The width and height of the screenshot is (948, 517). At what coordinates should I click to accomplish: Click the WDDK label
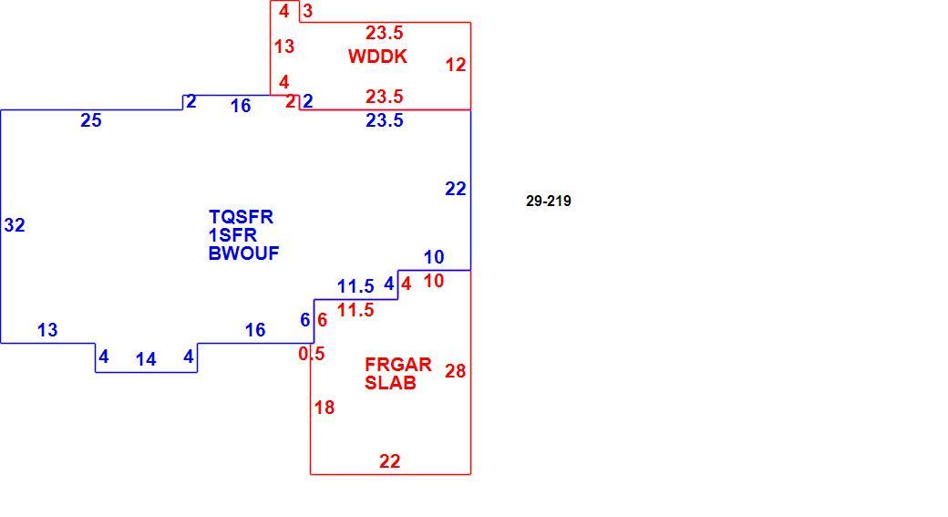[377, 57]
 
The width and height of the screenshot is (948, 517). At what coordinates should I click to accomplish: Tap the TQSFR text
[241, 216]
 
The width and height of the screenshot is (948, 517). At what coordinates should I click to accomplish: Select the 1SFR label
[232, 234]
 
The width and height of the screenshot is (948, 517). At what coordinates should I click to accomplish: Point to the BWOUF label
[243, 253]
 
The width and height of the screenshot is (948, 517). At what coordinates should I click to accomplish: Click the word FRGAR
[398, 365]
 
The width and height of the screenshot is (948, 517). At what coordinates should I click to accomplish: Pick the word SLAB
[390, 383]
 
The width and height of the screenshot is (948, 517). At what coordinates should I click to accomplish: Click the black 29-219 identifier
[549, 201]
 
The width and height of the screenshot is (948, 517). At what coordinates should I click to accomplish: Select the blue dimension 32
[15, 225]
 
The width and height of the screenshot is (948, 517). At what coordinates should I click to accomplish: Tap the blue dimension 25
[90, 120]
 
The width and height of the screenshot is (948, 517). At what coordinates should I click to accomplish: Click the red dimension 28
[455, 371]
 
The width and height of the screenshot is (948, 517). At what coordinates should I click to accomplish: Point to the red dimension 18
[325, 408]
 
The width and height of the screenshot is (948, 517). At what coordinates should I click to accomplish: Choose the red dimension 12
[456, 64]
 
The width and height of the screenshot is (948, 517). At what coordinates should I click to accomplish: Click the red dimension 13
[284, 46]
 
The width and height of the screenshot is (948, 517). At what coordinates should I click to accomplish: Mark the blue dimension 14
[146, 359]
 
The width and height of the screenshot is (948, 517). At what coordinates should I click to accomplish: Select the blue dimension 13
[47, 329]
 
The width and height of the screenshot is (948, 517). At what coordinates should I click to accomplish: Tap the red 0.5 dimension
[312, 354]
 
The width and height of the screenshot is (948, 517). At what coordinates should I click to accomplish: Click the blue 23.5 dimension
[384, 120]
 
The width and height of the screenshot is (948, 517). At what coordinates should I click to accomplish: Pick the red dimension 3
[308, 11]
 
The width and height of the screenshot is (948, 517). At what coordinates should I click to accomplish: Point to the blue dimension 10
[434, 257]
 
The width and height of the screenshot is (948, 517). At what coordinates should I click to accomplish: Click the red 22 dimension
[389, 461]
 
